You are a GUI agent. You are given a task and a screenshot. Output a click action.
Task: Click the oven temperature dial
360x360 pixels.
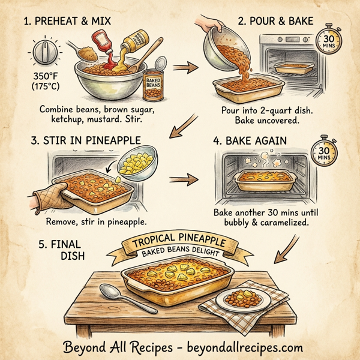pyautogui.click(x=43, y=53)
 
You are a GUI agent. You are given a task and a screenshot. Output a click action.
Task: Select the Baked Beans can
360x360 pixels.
pyautogui.click(x=152, y=83)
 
